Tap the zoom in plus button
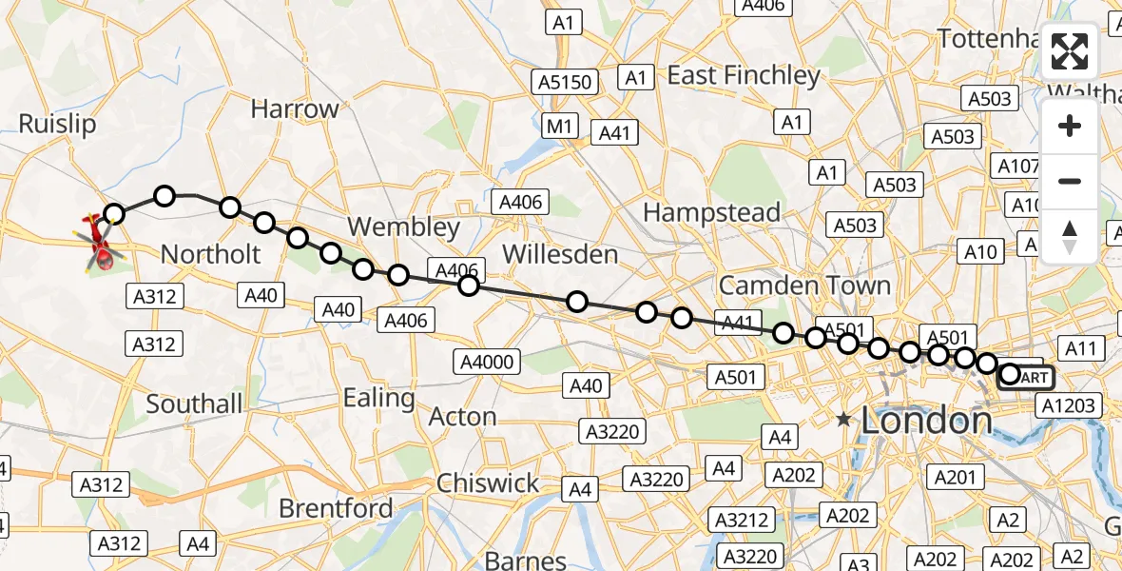click(1070, 126)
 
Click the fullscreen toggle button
click(1070, 51)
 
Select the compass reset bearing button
click(1070, 236)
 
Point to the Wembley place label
click(404, 227)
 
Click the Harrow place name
click(295, 109)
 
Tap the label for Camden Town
click(804, 285)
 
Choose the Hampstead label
click(711, 212)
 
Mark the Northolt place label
click(210, 254)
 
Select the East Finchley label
click(743, 75)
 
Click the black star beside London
click(842, 419)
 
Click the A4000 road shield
click(487, 361)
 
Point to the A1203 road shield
click(1068, 406)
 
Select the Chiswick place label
click(488, 483)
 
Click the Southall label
click(194, 404)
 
